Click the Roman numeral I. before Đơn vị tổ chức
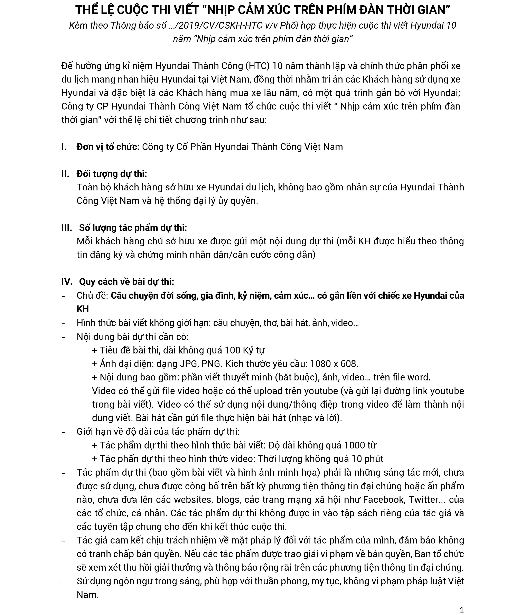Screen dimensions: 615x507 (64, 146)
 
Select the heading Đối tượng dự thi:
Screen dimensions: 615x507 (112, 174)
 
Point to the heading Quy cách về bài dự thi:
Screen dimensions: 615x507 (126, 282)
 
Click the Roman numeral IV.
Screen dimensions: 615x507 (67, 282)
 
